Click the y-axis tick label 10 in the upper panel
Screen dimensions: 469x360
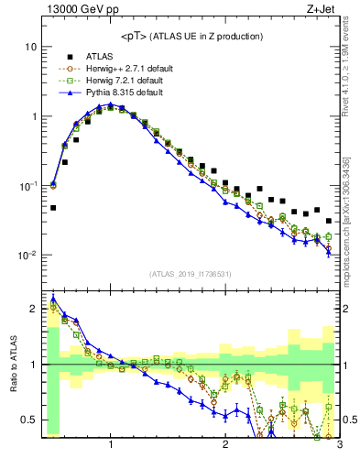click(30, 47)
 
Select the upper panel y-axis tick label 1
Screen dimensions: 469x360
click(33, 116)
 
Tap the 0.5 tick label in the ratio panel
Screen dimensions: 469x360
click(28, 420)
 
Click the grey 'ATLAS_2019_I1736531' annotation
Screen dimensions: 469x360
click(190, 274)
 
